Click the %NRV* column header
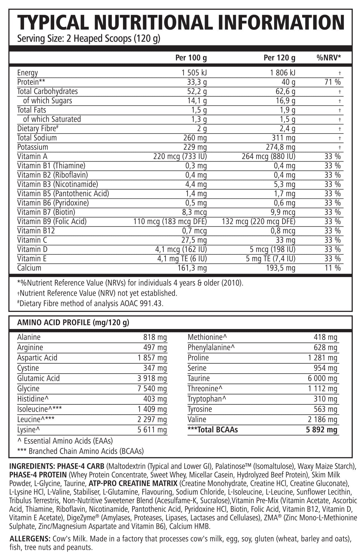[x=328, y=58]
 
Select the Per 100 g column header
[x=191, y=58]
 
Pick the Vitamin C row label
[x=32, y=240]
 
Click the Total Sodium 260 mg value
[x=195, y=138]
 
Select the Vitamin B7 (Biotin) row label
[x=46, y=212]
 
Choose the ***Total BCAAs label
[x=213, y=430]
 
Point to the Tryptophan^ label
[x=207, y=399]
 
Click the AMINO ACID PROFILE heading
[x=73, y=323]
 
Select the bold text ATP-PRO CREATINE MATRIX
[x=133, y=483]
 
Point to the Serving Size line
[x=89, y=38]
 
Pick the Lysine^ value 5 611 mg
[x=152, y=430]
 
